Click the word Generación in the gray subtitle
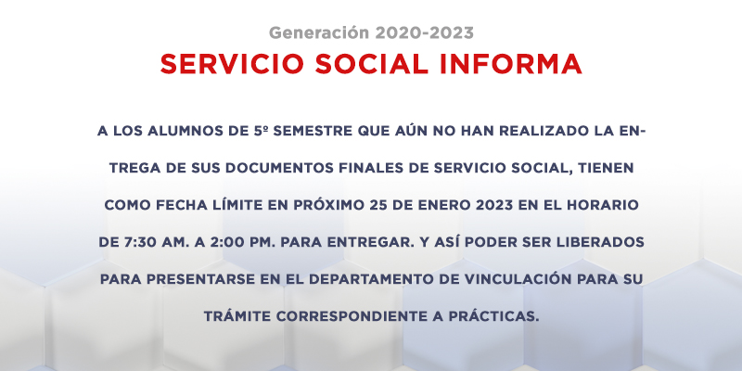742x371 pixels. [318, 33]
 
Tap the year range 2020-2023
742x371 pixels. [424, 33]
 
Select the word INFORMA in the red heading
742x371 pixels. [511, 64]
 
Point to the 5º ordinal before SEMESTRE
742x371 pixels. [261, 131]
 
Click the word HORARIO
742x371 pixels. [608, 205]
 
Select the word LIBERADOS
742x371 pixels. [608, 242]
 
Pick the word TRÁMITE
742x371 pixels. [236, 315]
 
